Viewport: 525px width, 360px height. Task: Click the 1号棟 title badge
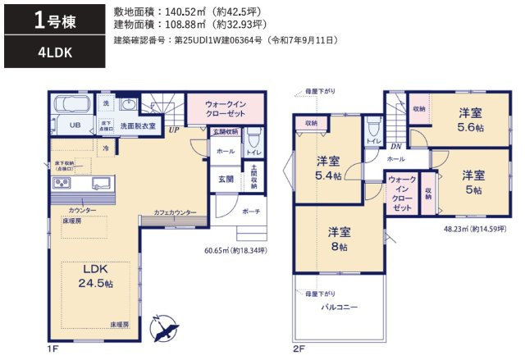[55, 21]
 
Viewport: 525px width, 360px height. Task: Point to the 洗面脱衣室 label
[138, 127]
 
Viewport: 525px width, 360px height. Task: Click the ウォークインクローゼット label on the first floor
[224, 109]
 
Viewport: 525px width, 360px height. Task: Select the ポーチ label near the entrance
[250, 212]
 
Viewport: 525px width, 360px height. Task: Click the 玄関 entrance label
[226, 179]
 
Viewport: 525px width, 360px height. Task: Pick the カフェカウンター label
[175, 213]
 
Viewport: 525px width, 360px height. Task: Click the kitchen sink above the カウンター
[103, 181]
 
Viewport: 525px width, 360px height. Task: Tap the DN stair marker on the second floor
[395, 146]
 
